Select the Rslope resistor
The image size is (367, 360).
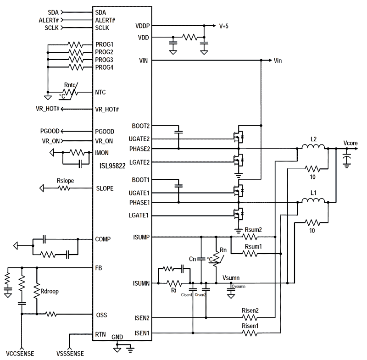66,188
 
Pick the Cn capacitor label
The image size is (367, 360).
193,259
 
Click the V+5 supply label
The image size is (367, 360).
223,26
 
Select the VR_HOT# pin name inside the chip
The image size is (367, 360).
107,109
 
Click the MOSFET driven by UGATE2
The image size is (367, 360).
238,137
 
